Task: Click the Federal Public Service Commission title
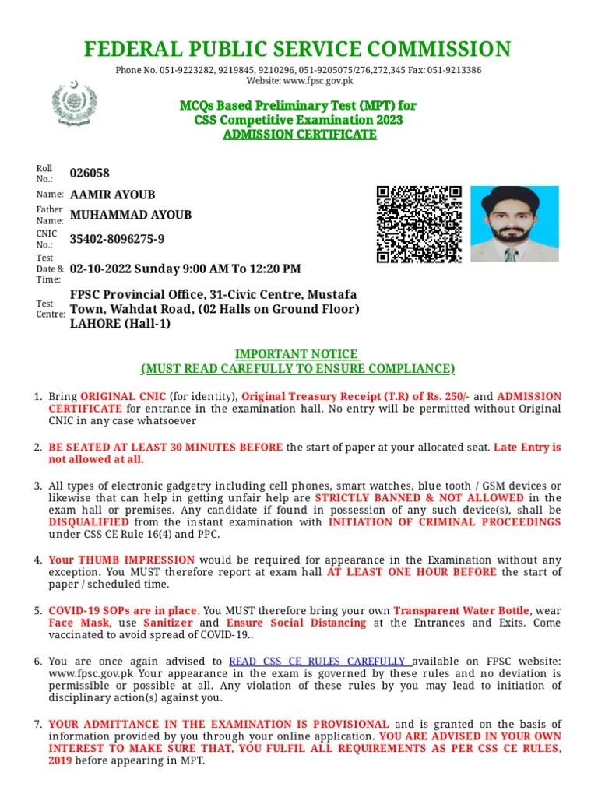pyautogui.click(x=297, y=50)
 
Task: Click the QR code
pyautogui.click(x=419, y=224)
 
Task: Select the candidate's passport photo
pyautogui.click(x=514, y=223)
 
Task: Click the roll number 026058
pyautogui.click(x=90, y=173)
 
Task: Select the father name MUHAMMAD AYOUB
pyautogui.click(x=131, y=215)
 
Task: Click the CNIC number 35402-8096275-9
pyautogui.click(x=118, y=239)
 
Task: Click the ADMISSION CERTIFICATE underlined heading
pyautogui.click(x=299, y=134)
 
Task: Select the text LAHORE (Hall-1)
pyautogui.click(x=120, y=324)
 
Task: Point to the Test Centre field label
pyautogui.click(x=45, y=309)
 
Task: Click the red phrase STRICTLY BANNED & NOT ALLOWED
pyautogui.click(x=419, y=497)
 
